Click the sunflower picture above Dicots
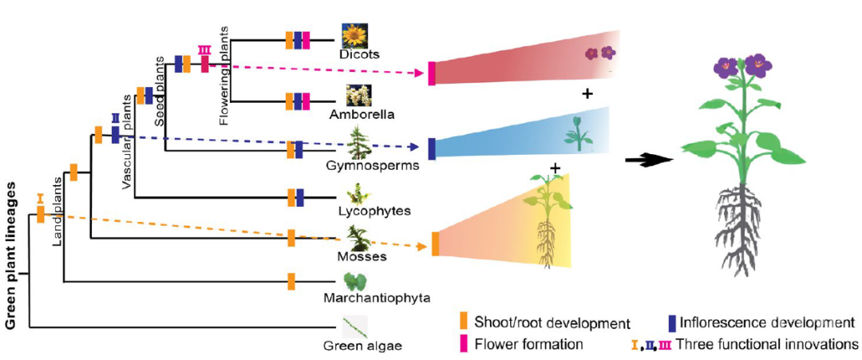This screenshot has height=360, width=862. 354,36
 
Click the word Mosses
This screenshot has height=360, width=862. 362,256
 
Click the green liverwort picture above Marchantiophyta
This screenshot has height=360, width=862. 355,281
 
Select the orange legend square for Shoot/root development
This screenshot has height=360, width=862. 462,322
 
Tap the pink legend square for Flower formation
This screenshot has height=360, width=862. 462,344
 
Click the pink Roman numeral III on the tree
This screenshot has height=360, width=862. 204,49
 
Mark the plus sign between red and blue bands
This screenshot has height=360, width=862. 587,94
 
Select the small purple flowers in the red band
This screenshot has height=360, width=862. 599,53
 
